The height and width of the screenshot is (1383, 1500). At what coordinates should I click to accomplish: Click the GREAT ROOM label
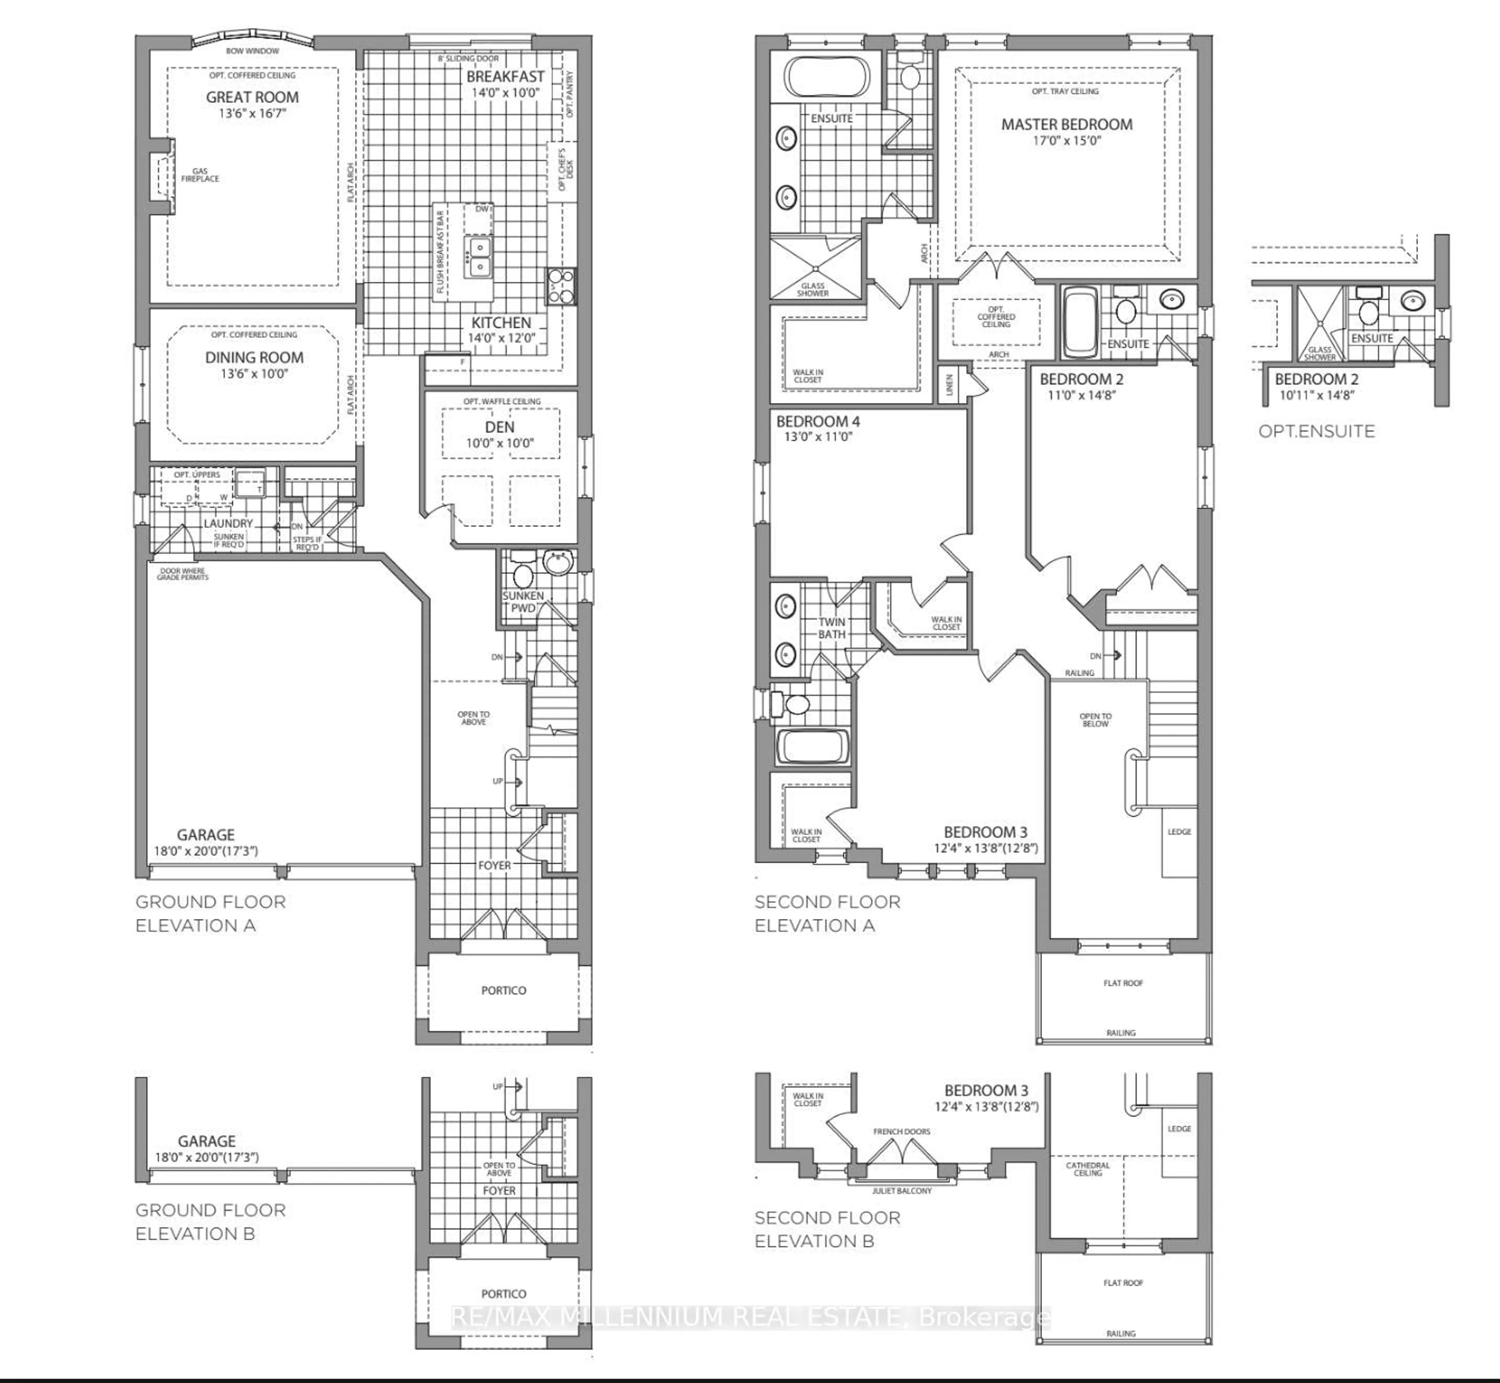click(x=252, y=97)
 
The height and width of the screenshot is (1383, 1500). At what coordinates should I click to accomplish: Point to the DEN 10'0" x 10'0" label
click(x=499, y=434)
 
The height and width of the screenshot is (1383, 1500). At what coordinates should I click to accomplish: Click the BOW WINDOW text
click(x=252, y=51)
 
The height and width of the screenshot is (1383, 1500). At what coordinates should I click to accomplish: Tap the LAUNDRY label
click(x=228, y=523)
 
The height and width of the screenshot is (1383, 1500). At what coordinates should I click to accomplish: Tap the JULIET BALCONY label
click(x=902, y=1191)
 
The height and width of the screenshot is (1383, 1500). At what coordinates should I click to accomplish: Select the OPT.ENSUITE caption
click(x=1316, y=431)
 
